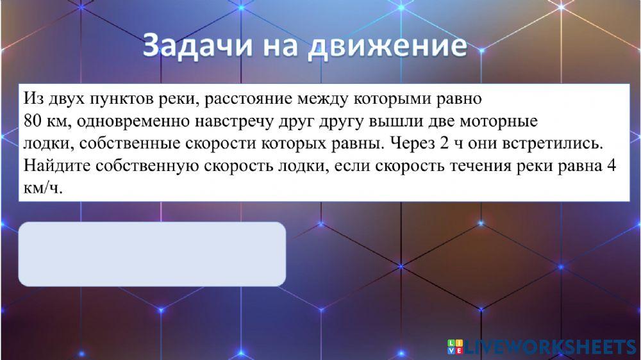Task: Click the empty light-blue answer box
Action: pyautogui.click(x=152, y=254)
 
